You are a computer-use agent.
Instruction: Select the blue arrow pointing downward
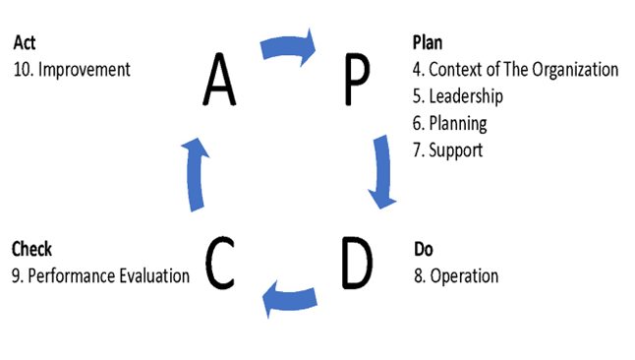380,172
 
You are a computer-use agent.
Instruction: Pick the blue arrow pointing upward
197,174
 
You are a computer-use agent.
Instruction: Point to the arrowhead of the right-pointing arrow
309,46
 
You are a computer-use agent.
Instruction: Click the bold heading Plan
428,44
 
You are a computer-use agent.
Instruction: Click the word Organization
573,70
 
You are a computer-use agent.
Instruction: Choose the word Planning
459,124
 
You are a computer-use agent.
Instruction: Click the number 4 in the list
417,70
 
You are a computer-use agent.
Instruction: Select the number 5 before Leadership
417,96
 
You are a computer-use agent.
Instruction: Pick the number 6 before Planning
417,124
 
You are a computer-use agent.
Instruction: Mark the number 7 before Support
417,151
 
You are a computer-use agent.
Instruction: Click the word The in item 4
516,70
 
